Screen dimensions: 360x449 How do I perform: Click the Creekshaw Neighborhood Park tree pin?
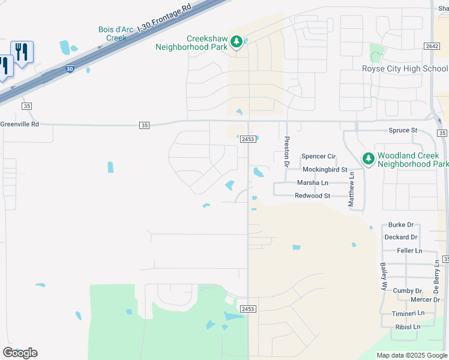tap(237, 41)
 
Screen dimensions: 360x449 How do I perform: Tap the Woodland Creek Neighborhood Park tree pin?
tap(368, 158)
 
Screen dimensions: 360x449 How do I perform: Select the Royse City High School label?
tap(405, 68)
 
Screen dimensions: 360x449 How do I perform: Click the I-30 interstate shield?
tap(70, 69)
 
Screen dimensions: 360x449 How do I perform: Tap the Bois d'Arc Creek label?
tap(112, 34)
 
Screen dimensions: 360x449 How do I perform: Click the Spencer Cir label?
tap(318, 156)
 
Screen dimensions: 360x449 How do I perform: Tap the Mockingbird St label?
tap(325, 170)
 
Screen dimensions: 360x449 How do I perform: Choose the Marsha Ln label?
tap(313, 182)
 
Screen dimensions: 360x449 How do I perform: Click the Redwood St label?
tap(313, 196)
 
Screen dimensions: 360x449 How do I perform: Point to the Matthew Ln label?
tap(352, 190)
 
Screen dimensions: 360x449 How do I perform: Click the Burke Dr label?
tap(401, 224)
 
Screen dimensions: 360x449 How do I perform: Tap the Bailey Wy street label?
tap(382, 276)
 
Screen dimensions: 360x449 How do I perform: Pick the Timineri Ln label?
tap(409, 313)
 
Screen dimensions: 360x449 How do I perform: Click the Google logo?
tap(20, 352)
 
